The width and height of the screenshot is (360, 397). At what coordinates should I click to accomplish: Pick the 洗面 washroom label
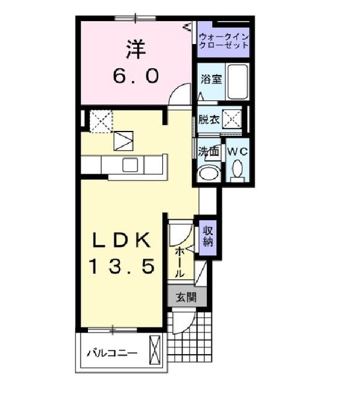coord(209,151)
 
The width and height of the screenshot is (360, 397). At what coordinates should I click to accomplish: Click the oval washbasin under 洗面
coord(208,172)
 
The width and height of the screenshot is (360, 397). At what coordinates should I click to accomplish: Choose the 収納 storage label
coord(208,235)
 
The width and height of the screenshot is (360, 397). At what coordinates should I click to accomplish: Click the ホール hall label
coord(179,261)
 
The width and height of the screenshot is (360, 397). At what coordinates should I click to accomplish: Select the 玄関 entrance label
coord(184,298)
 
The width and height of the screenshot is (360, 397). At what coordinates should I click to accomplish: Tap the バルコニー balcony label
coord(112,354)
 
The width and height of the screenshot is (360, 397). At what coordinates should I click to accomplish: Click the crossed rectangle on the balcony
coord(156,351)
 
